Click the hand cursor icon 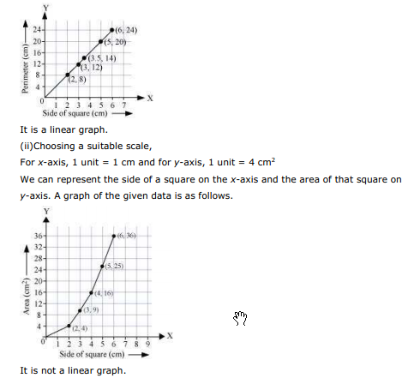pos(240,319)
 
